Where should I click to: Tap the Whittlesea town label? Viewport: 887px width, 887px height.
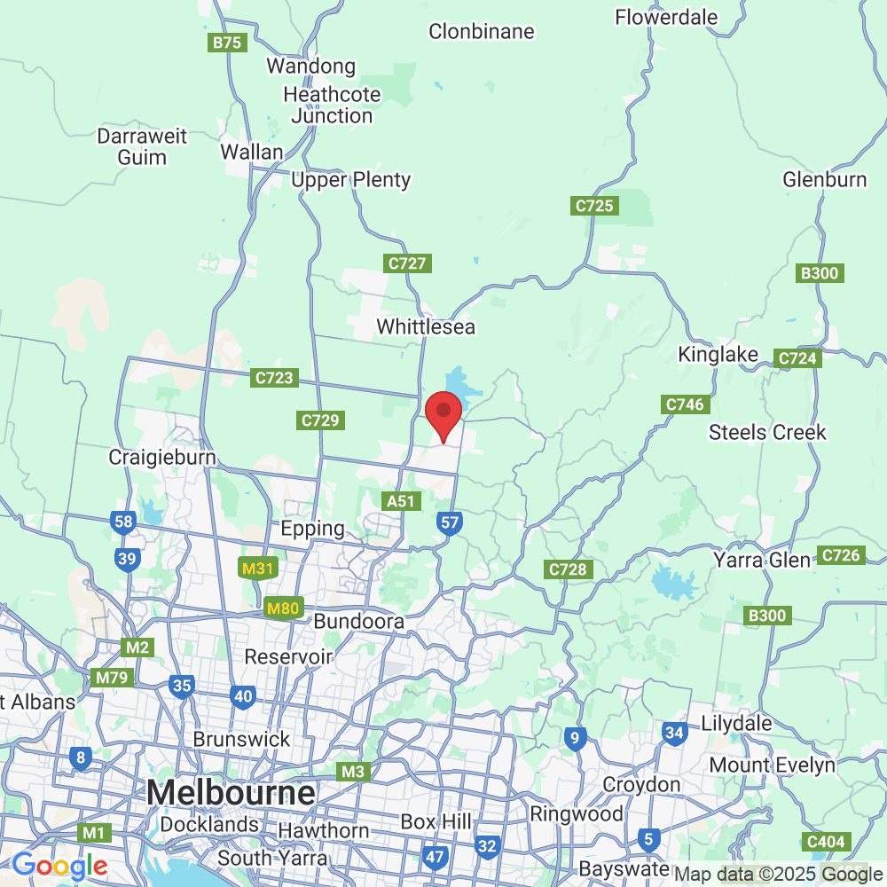[x=426, y=326]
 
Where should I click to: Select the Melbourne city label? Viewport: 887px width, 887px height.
[x=232, y=792]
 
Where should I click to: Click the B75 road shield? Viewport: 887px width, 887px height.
[x=228, y=43]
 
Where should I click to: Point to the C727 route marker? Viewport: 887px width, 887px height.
[x=408, y=263]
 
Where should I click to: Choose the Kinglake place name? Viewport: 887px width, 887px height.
[x=718, y=355]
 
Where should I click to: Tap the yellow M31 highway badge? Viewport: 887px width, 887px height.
[x=257, y=569]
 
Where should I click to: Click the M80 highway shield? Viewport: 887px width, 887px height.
[x=284, y=608]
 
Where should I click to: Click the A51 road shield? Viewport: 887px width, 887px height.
[x=401, y=501]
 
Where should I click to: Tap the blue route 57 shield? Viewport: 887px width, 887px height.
[x=451, y=522]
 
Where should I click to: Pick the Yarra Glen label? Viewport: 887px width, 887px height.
[x=762, y=560]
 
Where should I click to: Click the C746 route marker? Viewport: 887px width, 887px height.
[x=684, y=404]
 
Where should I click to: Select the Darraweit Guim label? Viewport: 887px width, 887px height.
[x=143, y=147]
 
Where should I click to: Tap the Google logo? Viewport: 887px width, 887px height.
[x=59, y=865]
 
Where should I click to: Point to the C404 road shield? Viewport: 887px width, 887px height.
[x=826, y=841]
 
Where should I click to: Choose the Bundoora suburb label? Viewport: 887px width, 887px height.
[x=359, y=622]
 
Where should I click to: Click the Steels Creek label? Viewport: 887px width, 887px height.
[x=767, y=432]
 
